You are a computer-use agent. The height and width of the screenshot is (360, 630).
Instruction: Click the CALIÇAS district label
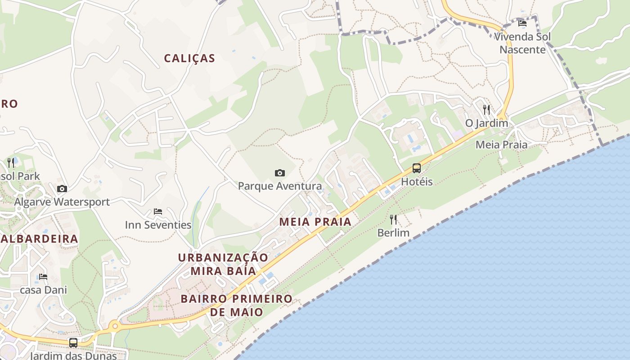click(189, 58)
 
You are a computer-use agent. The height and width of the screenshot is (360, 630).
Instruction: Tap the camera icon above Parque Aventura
click(280, 173)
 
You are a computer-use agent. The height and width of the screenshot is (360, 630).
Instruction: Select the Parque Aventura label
click(280, 186)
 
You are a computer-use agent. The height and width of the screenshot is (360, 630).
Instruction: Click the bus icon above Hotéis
click(417, 168)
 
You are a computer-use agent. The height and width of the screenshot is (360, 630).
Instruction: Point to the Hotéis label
click(417, 182)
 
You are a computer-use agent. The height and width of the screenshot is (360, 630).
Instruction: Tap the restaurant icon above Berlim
click(393, 220)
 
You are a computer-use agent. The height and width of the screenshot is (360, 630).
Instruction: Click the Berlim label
click(393, 233)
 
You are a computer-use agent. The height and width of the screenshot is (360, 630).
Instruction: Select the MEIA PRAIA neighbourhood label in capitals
click(315, 222)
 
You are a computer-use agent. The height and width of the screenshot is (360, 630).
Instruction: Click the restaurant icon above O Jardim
click(486, 109)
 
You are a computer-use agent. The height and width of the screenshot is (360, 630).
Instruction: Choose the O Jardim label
click(486, 123)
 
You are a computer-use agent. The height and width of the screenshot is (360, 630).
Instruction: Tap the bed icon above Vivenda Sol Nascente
click(522, 23)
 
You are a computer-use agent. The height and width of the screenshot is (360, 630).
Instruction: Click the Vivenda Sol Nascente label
click(522, 43)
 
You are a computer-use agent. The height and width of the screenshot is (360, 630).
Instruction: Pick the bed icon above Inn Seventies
click(158, 211)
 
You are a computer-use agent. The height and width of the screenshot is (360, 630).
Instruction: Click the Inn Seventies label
click(158, 225)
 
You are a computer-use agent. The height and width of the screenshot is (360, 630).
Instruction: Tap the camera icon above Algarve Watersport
click(62, 189)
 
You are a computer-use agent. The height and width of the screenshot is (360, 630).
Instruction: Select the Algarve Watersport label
click(62, 202)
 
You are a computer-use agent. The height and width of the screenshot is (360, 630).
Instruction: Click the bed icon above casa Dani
click(43, 276)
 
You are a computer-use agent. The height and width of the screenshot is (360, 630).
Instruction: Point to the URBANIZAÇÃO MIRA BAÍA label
click(223, 264)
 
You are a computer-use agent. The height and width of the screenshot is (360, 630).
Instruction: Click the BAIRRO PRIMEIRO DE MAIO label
click(237, 305)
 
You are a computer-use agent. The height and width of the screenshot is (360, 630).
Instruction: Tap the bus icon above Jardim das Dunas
click(73, 342)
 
